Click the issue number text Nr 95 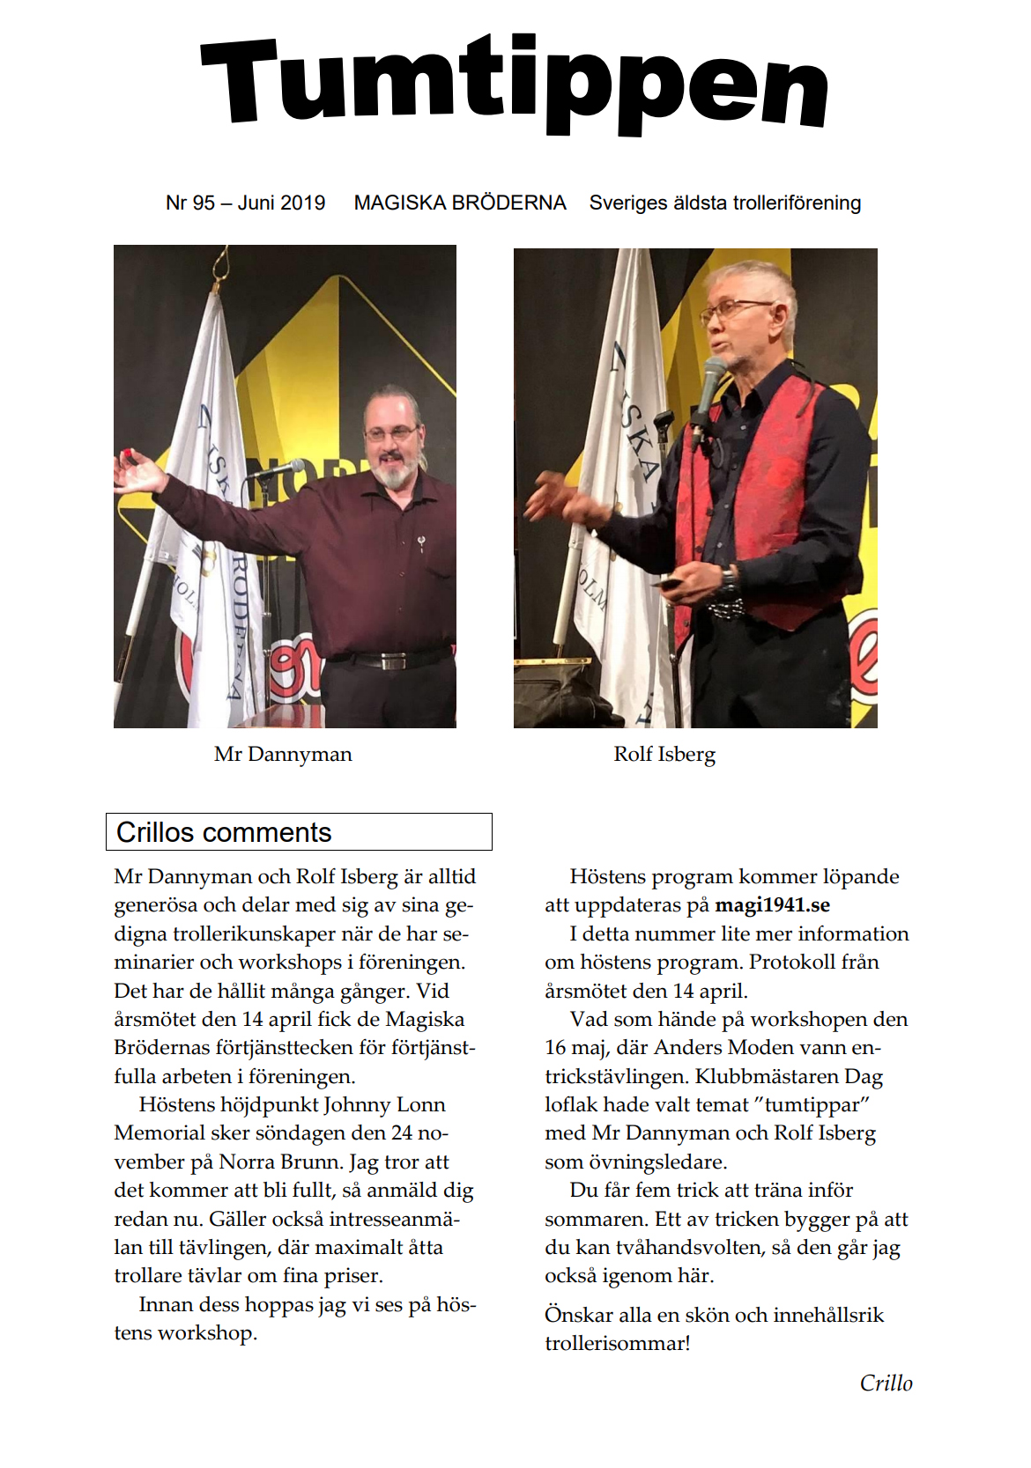point(189,203)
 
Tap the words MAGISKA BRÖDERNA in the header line point(459,203)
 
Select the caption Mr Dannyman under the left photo point(283,755)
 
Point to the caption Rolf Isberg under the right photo point(664,755)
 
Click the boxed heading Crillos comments point(224,832)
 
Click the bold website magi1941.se point(772,905)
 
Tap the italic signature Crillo point(886,1383)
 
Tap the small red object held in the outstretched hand point(127,454)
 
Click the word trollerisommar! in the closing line point(617,1344)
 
